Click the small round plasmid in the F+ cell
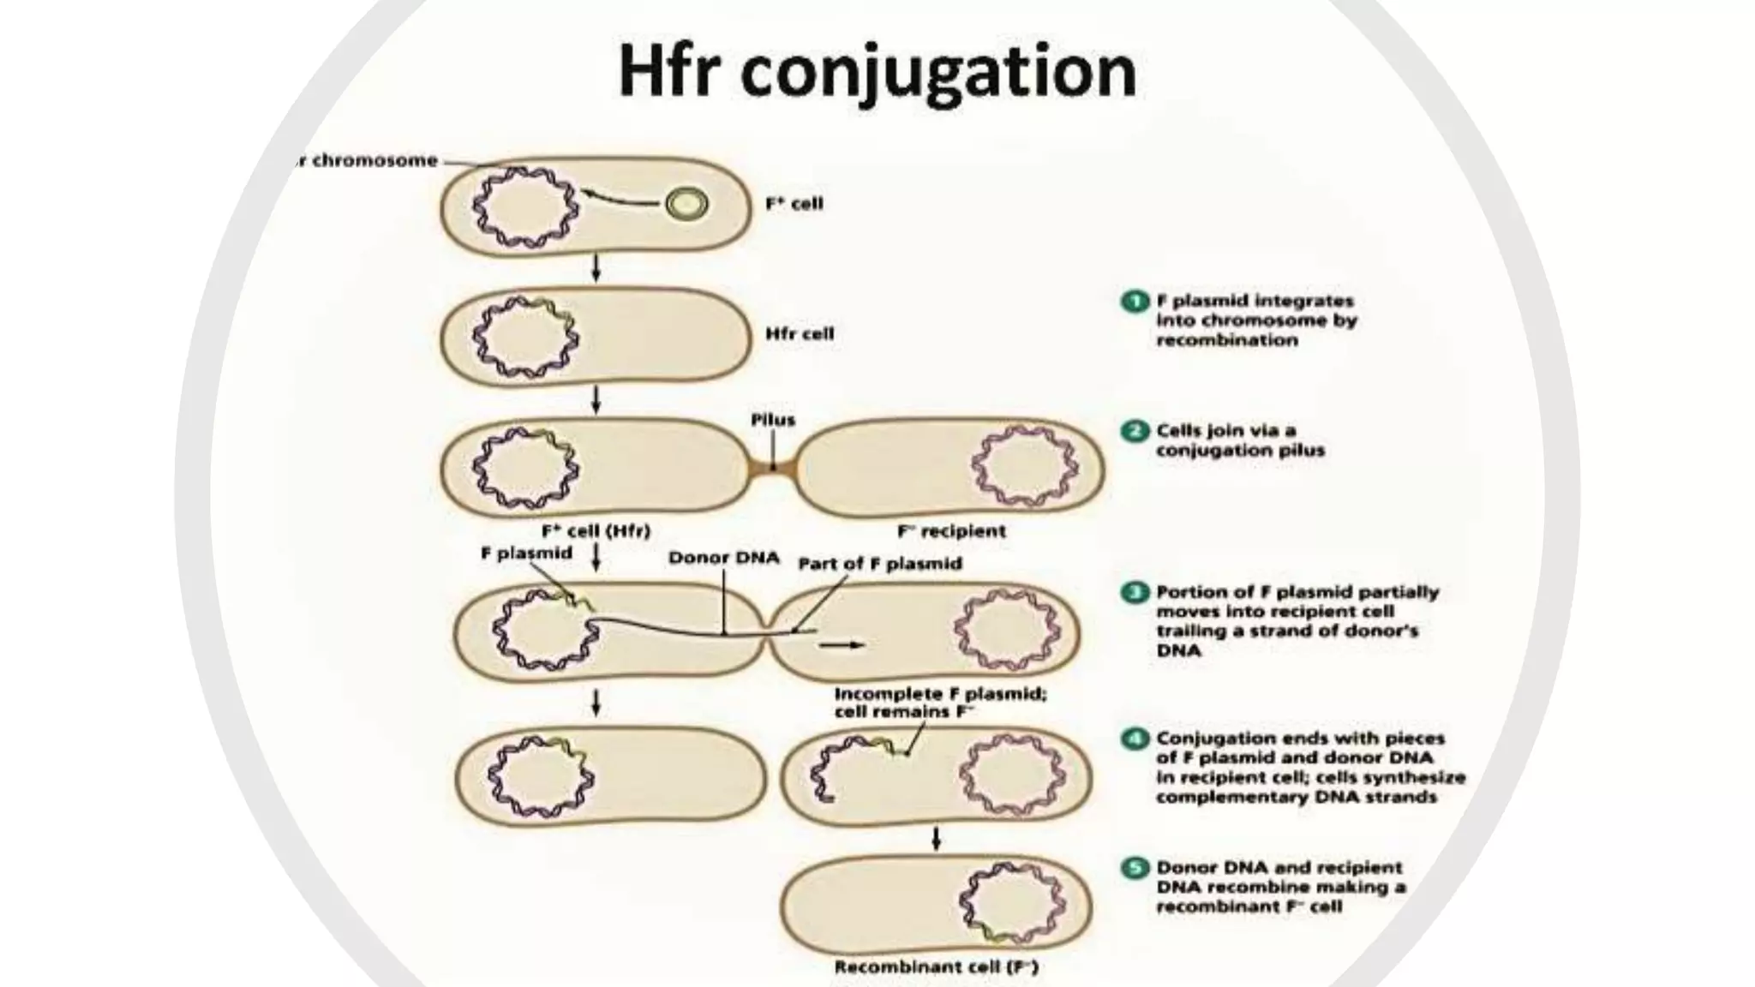pyautogui.click(x=687, y=205)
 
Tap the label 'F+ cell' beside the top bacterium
pyautogui.click(x=794, y=204)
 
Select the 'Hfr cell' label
pyautogui.click(x=800, y=333)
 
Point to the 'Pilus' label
pyautogui.click(x=773, y=420)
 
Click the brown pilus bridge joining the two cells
pyautogui.click(x=773, y=469)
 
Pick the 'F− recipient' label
pyautogui.click(x=951, y=531)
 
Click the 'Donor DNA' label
pyautogui.click(x=723, y=558)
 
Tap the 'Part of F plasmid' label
pyautogui.click(x=880, y=563)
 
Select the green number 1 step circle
pyautogui.click(x=1135, y=302)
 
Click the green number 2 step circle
pyautogui.click(x=1135, y=431)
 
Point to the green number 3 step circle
pyautogui.click(x=1135, y=592)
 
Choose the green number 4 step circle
pyautogui.click(x=1135, y=739)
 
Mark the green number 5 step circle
pyautogui.click(x=1135, y=868)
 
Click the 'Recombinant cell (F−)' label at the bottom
pyautogui.click(x=936, y=967)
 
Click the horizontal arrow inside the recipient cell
pyautogui.click(x=842, y=644)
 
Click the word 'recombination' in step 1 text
pyautogui.click(x=1227, y=340)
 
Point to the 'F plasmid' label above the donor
pyautogui.click(x=526, y=553)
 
